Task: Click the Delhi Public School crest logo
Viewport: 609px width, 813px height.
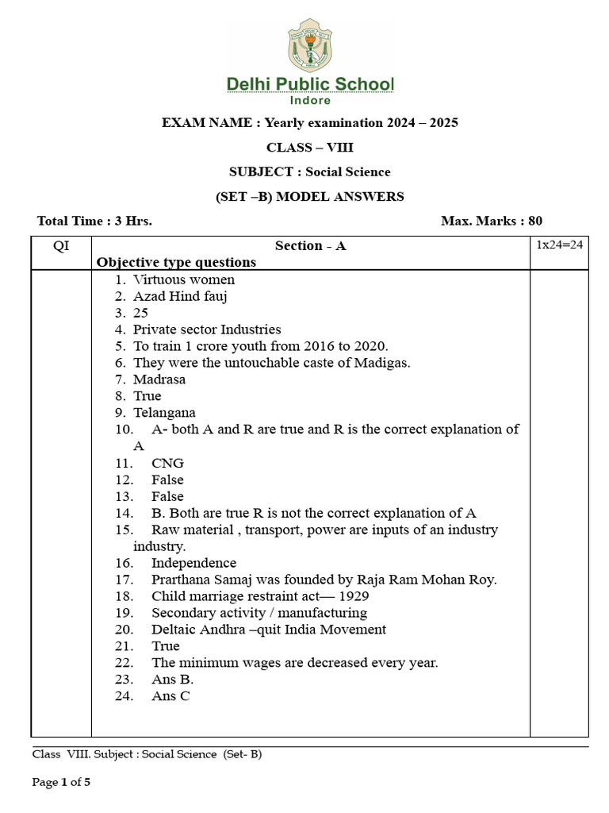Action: click(x=309, y=45)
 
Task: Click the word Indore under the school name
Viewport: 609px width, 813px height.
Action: click(x=310, y=101)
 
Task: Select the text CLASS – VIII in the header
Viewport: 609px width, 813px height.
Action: click(x=310, y=147)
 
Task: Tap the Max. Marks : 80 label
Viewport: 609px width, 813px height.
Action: click(x=492, y=222)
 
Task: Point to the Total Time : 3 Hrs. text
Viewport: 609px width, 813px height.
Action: click(x=94, y=222)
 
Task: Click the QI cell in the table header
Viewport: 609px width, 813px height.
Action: click(x=61, y=245)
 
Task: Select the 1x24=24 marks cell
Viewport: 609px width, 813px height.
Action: click(x=559, y=245)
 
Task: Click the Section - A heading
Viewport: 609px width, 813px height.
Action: click(x=310, y=245)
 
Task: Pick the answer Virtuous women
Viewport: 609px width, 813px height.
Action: click(x=184, y=279)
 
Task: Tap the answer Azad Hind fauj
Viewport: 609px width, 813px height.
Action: click(x=181, y=296)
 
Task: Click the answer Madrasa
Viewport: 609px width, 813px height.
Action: click(x=159, y=380)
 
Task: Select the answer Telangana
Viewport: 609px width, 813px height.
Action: click(x=164, y=413)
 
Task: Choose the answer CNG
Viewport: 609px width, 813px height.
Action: click(x=167, y=463)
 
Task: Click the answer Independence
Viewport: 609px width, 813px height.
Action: click(x=193, y=563)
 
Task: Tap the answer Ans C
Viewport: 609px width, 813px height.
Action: click(x=170, y=696)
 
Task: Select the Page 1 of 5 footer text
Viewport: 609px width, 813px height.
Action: click(x=61, y=783)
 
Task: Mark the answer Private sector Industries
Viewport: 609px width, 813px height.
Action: click(x=207, y=329)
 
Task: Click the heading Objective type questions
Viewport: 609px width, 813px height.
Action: click(x=176, y=262)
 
